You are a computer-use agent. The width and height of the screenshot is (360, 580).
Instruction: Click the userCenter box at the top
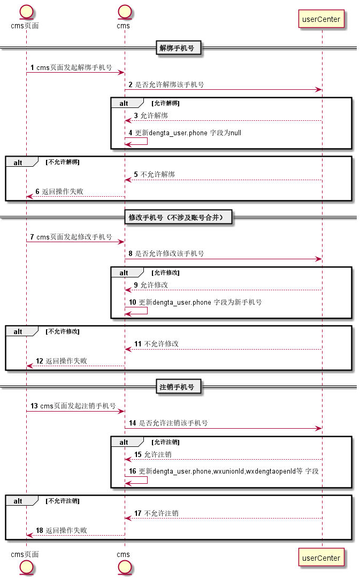coord(321,19)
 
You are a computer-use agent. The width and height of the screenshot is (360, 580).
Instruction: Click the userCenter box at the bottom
coord(321,558)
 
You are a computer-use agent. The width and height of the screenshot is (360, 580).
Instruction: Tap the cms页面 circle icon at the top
coord(26,12)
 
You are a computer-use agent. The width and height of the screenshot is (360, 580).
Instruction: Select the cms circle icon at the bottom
coord(125,567)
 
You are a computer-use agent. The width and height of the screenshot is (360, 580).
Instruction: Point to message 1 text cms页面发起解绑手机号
coord(74,67)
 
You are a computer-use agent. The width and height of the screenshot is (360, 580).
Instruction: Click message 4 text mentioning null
coord(188,133)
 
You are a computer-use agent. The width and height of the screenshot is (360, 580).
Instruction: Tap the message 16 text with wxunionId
coord(228,471)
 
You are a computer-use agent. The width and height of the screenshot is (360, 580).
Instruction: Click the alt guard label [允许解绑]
coord(165,103)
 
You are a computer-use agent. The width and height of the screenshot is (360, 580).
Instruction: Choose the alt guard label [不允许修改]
coord(63,331)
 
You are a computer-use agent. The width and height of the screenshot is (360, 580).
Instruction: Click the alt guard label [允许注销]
coord(165,442)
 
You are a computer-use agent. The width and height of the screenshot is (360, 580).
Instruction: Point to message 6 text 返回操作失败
coord(63,191)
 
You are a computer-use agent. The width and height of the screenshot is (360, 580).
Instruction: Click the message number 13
coord(34,406)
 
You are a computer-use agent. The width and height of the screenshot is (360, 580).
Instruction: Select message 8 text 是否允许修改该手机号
coord(170,254)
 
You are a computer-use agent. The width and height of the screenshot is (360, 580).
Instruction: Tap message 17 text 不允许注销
coord(162,513)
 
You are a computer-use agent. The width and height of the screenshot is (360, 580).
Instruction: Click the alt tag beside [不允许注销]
coord(18,501)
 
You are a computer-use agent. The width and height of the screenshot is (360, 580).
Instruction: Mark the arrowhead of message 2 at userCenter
coord(319,89)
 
